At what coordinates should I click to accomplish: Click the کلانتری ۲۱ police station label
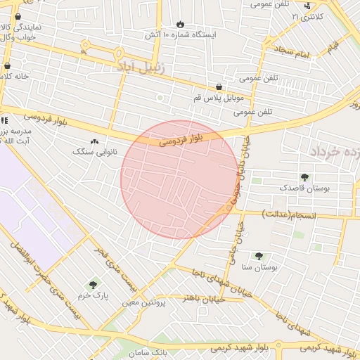[309, 15]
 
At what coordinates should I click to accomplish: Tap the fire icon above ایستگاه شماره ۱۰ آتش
[181, 23]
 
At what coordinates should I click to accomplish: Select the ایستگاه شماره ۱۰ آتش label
[181, 34]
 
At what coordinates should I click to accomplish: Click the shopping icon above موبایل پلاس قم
[219, 87]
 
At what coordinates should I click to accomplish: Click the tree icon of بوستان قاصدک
[304, 177]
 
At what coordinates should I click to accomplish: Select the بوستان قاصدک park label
[304, 188]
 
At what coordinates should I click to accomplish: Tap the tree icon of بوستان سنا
[259, 256]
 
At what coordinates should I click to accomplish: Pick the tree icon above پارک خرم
[94, 285]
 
